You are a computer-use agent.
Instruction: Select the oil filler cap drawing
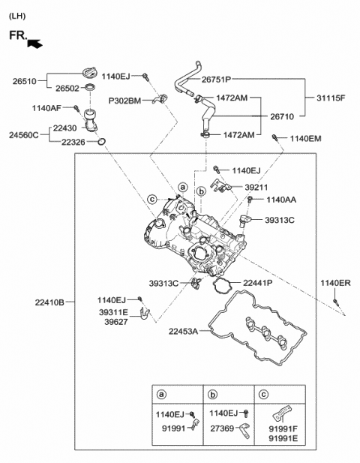(91, 73)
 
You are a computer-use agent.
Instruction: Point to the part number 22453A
(182, 331)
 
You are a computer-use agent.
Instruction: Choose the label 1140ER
(335, 283)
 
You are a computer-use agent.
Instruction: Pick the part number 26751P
(216, 79)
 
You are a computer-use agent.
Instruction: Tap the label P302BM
(124, 100)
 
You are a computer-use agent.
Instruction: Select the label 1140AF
(46, 108)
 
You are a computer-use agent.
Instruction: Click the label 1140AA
(282, 200)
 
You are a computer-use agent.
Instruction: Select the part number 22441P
(257, 283)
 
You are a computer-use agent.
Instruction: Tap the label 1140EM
(305, 138)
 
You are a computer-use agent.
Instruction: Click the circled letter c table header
(262, 394)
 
